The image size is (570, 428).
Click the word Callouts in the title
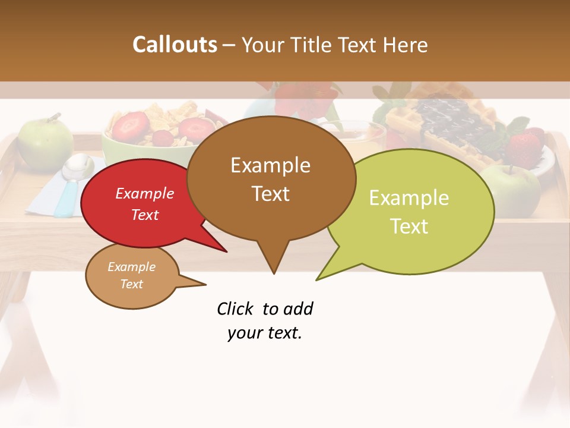click(x=175, y=45)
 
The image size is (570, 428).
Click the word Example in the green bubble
click(x=409, y=198)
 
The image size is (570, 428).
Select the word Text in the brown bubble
click(x=271, y=194)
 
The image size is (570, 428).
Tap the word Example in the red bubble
click(x=144, y=194)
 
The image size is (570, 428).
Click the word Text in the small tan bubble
click(x=131, y=284)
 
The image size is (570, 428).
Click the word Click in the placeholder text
click(x=236, y=309)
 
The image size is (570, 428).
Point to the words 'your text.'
click(x=264, y=333)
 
